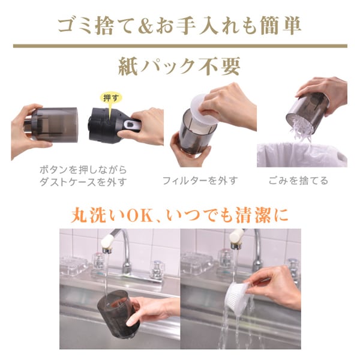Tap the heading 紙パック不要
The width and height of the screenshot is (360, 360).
(x=179, y=67)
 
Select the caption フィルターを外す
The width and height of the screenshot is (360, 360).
(x=200, y=181)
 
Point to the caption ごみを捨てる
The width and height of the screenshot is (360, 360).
(x=298, y=181)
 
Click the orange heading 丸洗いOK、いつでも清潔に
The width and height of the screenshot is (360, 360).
(x=179, y=215)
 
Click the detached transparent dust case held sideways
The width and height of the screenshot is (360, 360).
(x=52, y=124)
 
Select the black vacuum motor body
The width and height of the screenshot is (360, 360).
(x=107, y=125)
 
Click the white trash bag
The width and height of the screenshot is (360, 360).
(x=302, y=155)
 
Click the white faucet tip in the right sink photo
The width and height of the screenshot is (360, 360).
(x=237, y=236)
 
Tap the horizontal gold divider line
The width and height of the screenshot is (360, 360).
(x=180, y=46)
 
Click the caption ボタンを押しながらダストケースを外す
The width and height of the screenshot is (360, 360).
(x=83, y=176)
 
